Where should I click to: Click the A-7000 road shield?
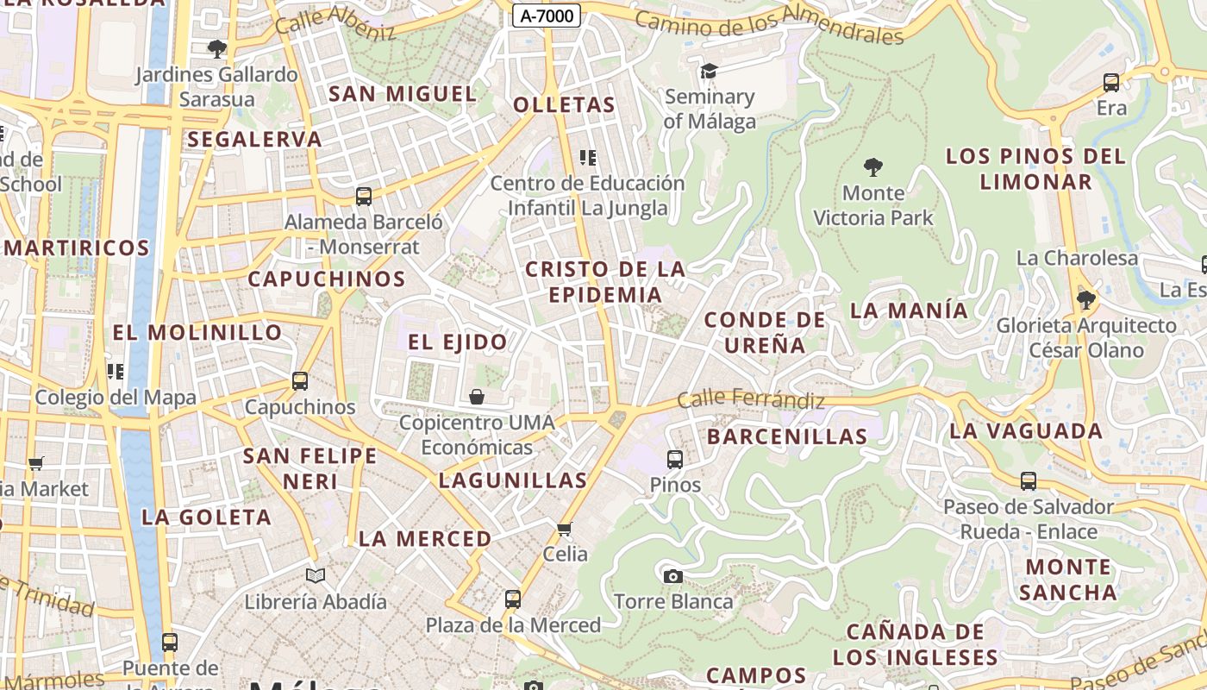point(546,15)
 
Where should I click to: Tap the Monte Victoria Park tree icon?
point(872,166)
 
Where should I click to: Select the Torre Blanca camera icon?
point(672,576)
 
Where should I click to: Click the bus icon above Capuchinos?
point(300,380)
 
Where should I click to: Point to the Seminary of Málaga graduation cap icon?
point(709,71)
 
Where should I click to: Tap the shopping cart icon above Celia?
point(565,528)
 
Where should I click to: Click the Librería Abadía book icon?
point(316,575)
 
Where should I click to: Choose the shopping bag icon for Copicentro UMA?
point(476,397)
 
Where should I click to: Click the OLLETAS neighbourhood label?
point(564,105)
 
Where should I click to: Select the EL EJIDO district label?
point(457,342)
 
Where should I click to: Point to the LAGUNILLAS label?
point(513,480)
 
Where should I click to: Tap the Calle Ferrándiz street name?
point(750,399)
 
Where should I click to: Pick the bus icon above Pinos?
point(675,459)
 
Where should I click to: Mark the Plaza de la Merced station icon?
point(513,599)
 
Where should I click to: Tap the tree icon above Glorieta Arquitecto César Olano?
point(1085,299)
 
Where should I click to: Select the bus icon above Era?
point(1111,83)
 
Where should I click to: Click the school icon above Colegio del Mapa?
point(115,372)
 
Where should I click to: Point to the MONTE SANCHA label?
point(1067,580)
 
